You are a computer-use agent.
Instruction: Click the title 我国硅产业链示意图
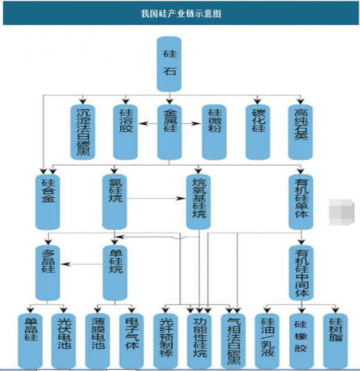click(181, 13)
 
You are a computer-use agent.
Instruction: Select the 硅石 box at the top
click(169, 64)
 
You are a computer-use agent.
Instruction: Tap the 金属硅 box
click(170, 132)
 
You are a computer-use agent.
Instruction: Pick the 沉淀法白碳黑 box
click(83, 132)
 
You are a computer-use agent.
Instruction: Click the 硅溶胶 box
click(125, 132)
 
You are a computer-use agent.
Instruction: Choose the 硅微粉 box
click(214, 132)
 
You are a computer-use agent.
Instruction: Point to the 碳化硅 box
click(258, 132)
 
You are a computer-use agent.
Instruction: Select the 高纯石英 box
click(300, 132)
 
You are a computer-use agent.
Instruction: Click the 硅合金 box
click(48, 202)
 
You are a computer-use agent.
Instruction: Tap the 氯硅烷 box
click(114, 202)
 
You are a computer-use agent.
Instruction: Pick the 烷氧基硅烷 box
click(198, 202)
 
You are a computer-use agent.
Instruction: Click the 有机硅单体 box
click(301, 202)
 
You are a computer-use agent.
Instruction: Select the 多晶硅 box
click(48, 273)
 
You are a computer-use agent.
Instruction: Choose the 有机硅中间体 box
click(301, 273)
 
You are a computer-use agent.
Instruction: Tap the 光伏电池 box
click(64, 341)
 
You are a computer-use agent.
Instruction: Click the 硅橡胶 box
click(302, 341)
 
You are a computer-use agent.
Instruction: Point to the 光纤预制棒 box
click(165, 341)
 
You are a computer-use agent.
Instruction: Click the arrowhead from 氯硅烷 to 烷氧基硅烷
click(182, 198)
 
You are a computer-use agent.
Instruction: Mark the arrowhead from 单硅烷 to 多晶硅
click(65, 264)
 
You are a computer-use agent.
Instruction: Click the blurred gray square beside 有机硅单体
click(341, 212)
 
